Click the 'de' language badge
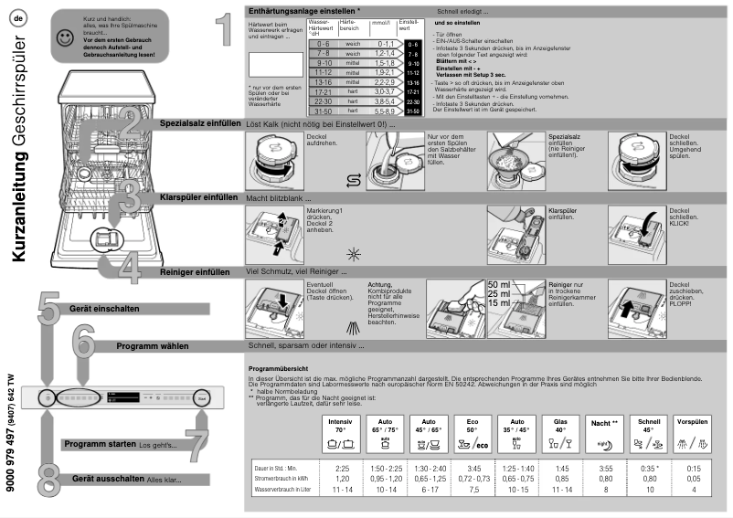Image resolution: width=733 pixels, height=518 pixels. coord(17,18)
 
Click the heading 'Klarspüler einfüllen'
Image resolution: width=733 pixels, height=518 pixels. coord(198,196)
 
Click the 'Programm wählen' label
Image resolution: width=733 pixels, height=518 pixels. coord(153,346)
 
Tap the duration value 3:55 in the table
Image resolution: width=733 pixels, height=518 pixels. coord(604,468)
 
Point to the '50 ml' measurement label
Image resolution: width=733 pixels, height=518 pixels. coord(500,284)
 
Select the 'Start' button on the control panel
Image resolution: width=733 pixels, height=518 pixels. coord(201,397)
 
